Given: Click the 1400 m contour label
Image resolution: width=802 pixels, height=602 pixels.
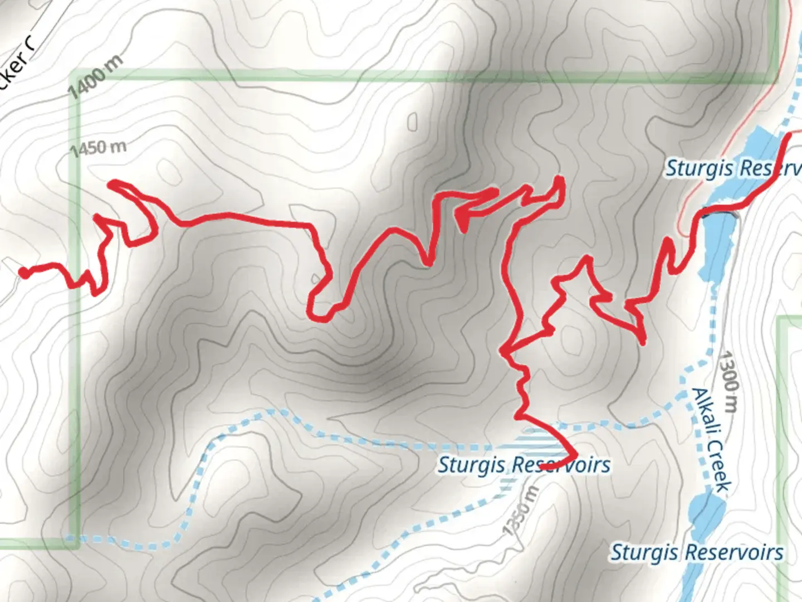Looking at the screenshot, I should point(96,77).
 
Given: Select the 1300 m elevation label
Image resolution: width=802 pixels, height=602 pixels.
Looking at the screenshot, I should point(728,381).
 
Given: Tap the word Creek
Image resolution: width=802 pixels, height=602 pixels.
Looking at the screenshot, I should point(718,466).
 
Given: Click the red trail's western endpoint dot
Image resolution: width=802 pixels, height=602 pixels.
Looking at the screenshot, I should point(24,272).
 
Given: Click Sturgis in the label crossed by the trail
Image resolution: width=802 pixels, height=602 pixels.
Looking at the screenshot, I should point(471,465).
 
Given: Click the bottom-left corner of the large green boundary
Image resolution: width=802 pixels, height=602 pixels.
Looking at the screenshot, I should point(75,542).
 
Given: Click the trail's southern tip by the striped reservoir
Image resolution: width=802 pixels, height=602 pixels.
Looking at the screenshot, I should point(574,455).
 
